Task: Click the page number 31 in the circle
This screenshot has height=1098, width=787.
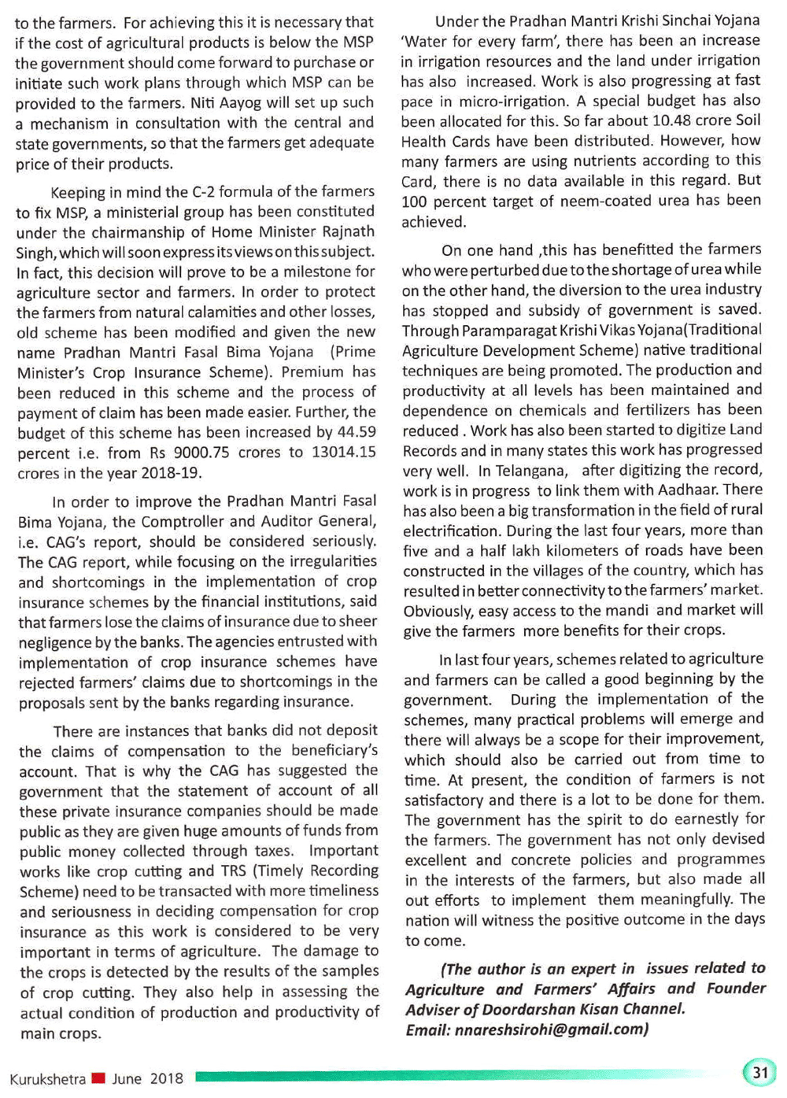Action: (x=759, y=1072)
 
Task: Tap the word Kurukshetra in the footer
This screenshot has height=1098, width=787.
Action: (x=47, y=1078)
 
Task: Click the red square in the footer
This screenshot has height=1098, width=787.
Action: (x=98, y=1078)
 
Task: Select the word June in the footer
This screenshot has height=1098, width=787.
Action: (x=127, y=1078)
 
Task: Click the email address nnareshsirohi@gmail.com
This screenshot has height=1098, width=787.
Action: (x=551, y=1030)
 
